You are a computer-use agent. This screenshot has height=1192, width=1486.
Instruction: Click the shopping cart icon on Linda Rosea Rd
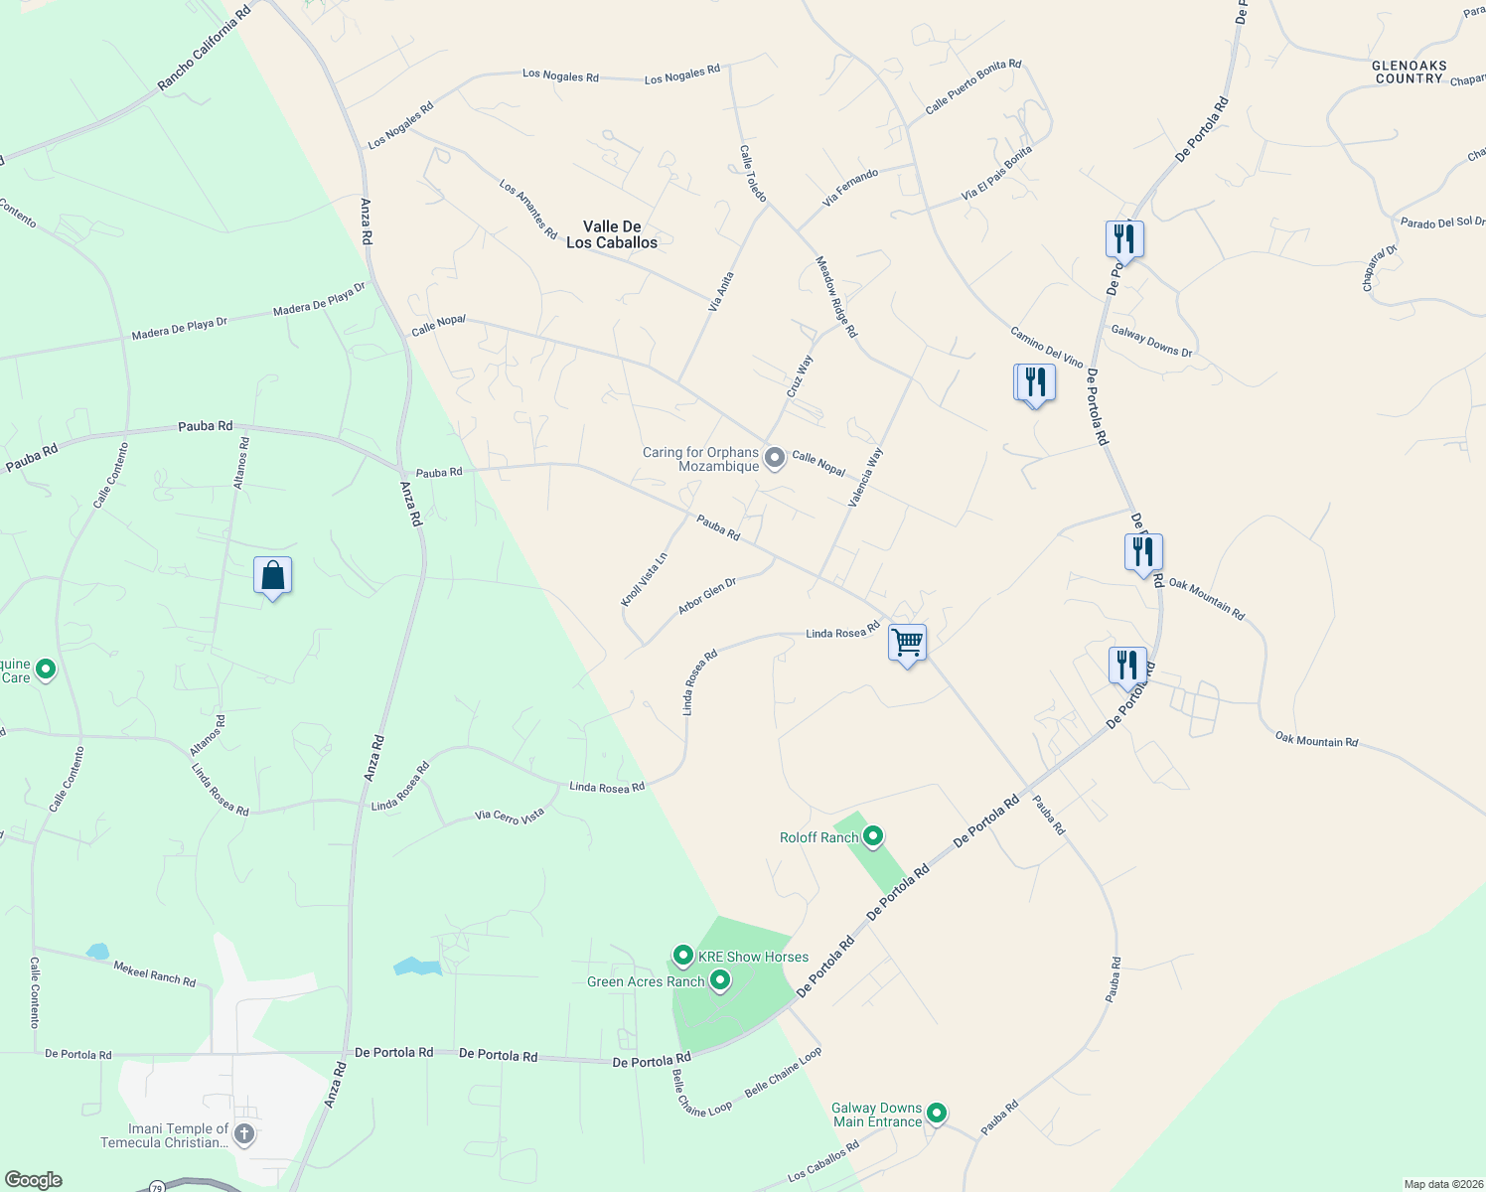point(907,643)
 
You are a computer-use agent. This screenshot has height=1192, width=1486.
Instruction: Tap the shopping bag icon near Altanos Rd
point(272,576)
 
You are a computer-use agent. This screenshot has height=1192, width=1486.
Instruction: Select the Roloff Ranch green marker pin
point(873,836)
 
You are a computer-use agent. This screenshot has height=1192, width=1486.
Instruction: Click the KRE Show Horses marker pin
point(682,956)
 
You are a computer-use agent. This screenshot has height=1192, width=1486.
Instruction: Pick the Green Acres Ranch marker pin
point(720,981)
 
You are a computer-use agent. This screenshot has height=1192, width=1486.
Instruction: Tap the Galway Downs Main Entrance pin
point(936,1114)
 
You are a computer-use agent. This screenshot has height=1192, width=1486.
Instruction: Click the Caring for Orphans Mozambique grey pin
point(775,458)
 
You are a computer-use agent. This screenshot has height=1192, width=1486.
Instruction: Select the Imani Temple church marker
point(244,1134)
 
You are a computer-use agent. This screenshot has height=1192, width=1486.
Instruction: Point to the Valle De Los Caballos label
point(612,234)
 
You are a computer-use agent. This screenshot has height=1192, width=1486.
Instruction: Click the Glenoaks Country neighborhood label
point(1409,72)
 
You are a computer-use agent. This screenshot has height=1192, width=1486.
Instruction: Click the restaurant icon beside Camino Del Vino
point(1035,383)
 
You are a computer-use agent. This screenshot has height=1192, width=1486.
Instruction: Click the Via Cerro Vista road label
point(510,816)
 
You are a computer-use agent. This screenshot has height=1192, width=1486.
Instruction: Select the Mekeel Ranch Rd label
point(154,973)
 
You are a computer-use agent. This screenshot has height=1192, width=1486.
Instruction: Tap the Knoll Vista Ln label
point(644,579)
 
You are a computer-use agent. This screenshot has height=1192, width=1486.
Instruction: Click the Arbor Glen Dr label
point(706,595)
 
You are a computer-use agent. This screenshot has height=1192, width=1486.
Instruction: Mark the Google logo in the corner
point(33,1180)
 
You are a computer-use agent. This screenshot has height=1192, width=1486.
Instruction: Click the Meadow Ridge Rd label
point(835,296)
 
